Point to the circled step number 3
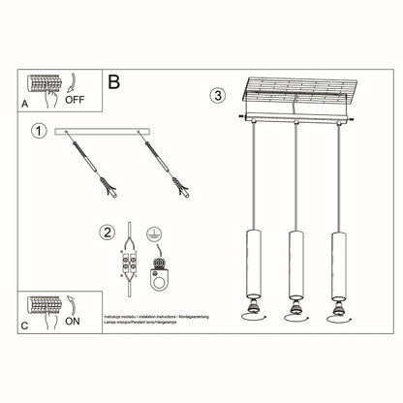(218, 96)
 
